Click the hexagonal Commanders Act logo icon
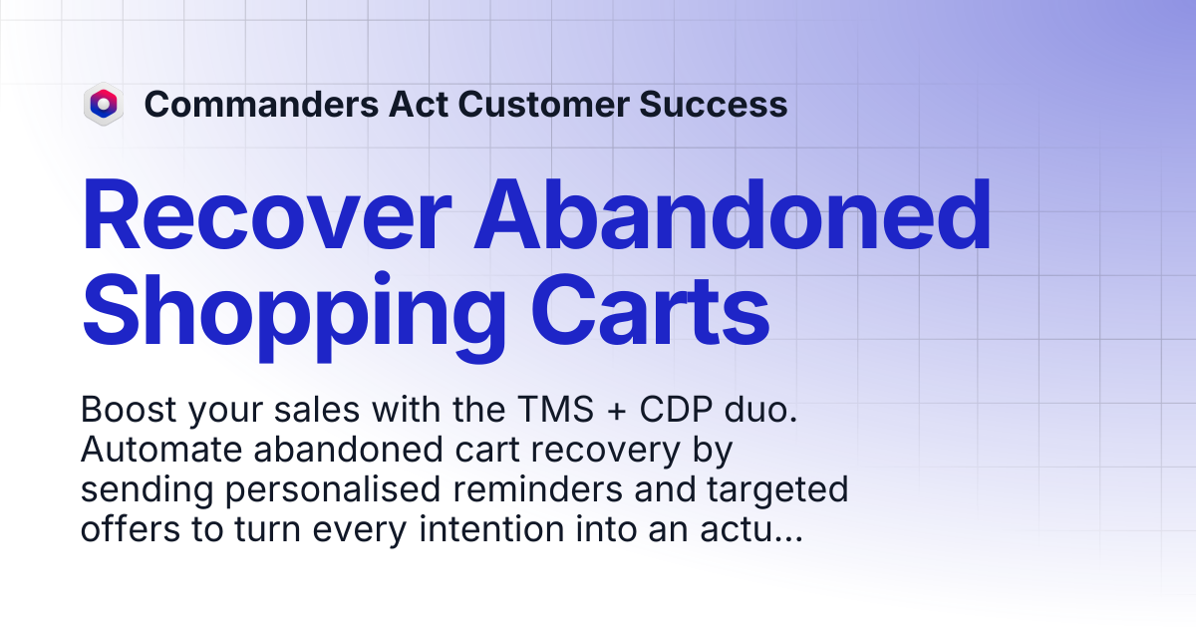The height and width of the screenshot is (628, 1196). pos(104,104)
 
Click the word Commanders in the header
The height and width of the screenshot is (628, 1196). pos(261,104)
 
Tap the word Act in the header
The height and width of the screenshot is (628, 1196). pos(418,104)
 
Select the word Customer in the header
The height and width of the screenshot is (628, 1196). pos(543,104)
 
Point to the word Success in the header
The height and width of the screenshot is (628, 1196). pos(714,104)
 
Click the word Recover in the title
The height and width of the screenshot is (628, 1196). pos(267,214)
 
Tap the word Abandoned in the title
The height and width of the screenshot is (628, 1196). pos(734,214)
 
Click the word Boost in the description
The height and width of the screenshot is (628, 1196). pos(129,410)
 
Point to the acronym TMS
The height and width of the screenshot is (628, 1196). pos(556,410)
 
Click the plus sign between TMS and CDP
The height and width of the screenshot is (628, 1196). pos(617,412)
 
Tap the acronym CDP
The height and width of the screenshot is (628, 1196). pos(676,410)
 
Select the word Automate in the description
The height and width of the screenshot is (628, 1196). pos(161,450)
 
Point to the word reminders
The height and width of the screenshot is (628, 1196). pos(537,489)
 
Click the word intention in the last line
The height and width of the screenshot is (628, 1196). pos(491,529)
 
